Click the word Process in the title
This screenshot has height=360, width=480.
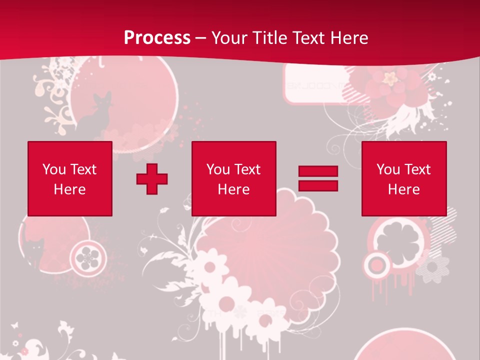tap(157, 38)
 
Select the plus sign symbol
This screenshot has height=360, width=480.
tap(152, 179)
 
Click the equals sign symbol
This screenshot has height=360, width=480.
tap(318, 178)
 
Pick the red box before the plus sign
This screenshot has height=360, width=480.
tap(70, 178)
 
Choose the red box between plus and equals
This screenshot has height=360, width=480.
tap(234, 178)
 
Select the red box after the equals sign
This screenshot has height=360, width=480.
tap(404, 178)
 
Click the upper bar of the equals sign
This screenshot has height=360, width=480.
tap(318, 171)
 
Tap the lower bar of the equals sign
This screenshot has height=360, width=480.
tap(318, 185)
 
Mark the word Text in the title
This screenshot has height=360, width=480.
tap(308, 38)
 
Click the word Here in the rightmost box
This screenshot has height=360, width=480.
tap(404, 189)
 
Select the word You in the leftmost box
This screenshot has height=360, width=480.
tap(53, 169)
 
